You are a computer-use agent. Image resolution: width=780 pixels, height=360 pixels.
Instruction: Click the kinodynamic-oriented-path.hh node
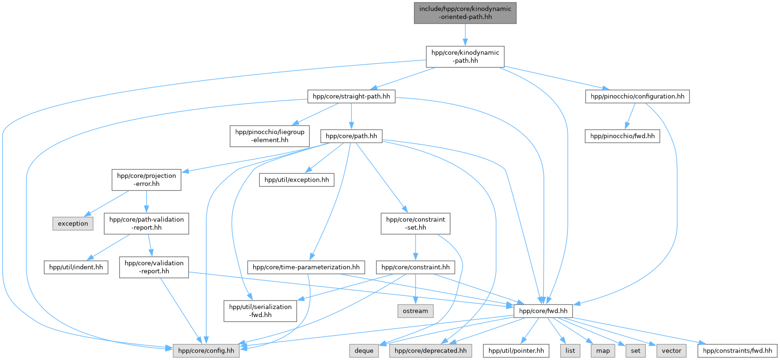[x=465, y=13]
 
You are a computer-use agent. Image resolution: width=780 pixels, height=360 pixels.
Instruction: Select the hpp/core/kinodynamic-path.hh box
[x=465, y=57]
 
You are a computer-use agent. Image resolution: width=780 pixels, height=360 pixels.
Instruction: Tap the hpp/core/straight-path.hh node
[x=351, y=97]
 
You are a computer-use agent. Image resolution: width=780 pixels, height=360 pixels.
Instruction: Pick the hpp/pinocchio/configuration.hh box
[x=637, y=97]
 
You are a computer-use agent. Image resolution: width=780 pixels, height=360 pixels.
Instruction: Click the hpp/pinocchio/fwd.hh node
[x=622, y=136]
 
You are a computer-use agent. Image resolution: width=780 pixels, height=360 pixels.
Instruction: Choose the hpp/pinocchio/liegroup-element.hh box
[x=270, y=136]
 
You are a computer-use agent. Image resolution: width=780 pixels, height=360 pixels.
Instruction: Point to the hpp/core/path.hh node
[x=351, y=136]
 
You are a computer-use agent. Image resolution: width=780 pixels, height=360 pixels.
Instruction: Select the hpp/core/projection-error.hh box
[x=146, y=180]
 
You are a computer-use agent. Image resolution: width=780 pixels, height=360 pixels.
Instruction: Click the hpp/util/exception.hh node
[x=297, y=180]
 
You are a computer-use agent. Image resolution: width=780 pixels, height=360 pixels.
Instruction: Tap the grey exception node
[x=73, y=224]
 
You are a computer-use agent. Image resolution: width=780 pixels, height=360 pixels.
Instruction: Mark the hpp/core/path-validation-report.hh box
[x=146, y=223]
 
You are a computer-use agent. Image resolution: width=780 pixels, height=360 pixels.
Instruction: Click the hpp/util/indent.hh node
[x=76, y=267]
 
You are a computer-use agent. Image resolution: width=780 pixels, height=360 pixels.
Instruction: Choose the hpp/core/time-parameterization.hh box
[x=306, y=267]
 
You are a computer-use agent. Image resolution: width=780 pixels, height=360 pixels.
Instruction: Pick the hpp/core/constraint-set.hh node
[x=415, y=223]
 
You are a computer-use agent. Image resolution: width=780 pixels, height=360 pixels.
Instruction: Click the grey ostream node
[x=415, y=311]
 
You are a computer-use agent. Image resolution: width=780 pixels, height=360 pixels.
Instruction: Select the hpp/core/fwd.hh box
[x=544, y=311]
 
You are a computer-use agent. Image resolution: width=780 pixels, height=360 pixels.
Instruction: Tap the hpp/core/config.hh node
[x=207, y=351]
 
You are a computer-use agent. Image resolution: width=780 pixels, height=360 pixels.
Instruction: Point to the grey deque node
[x=364, y=351]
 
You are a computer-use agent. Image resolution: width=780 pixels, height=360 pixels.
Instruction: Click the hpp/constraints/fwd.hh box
[x=738, y=351]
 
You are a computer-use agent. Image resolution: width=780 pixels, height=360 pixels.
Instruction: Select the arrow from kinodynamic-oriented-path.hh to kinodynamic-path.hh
[x=465, y=34]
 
